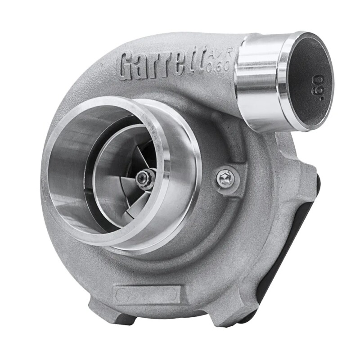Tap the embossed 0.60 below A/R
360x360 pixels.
[220, 66]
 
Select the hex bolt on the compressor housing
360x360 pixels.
[225, 179]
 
